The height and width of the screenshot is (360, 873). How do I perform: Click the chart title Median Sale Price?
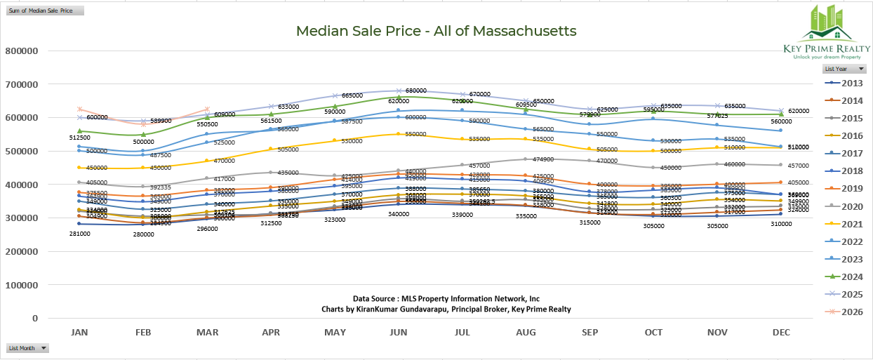(436, 31)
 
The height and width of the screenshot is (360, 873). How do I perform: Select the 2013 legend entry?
(851, 84)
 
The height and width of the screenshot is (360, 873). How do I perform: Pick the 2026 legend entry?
(851, 312)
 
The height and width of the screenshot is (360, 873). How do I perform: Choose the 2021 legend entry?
(851, 224)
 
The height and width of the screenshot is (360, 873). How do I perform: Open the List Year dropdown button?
(861, 69)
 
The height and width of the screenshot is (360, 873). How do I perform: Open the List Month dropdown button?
(44, 348)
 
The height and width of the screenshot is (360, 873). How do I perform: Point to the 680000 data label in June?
(416, 91)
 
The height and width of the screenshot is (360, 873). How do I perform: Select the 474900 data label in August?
(544, 159)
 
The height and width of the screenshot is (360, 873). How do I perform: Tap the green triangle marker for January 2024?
(79, 131)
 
